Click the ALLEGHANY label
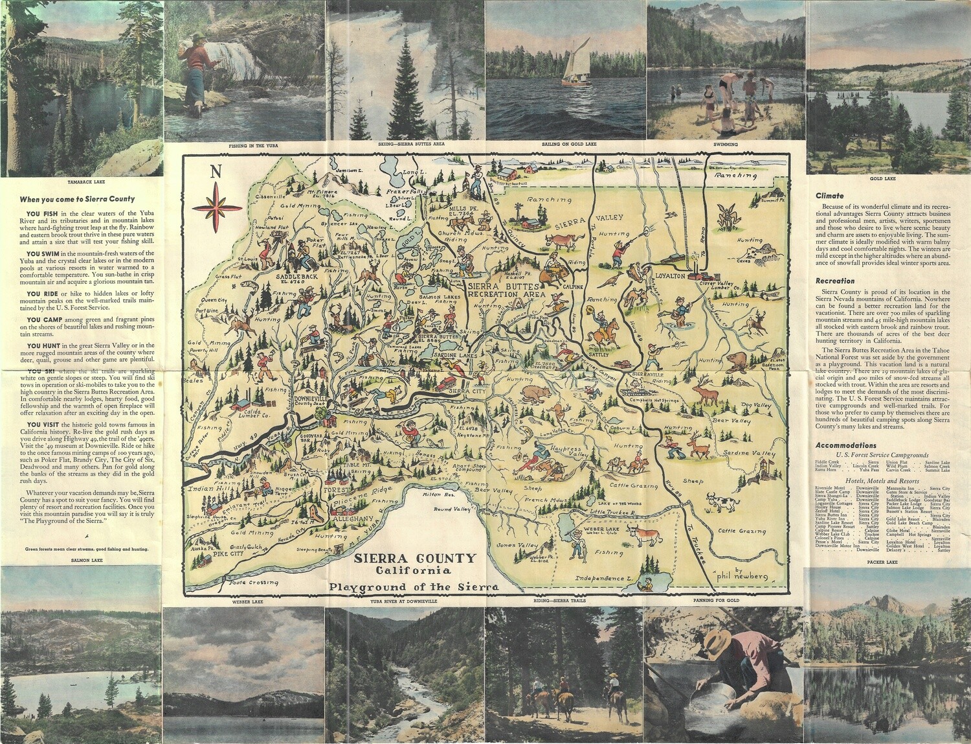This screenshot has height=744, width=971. (x=353, y=520)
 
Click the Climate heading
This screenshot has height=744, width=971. (x=829, y=195)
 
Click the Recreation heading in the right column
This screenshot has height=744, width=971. (x=835, y=281)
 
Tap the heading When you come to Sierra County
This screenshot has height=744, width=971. (x=77, y=200)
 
